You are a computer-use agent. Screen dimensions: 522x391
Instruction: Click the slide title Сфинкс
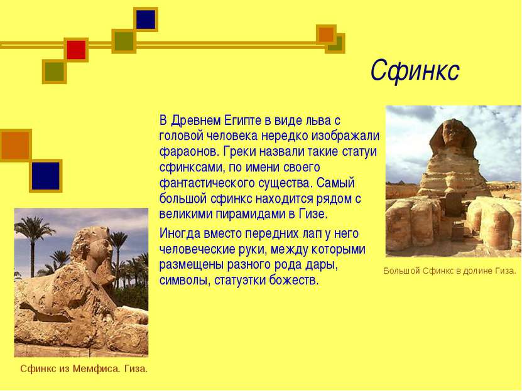coord(415,70)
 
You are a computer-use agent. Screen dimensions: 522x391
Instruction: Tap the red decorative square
coord(76,50)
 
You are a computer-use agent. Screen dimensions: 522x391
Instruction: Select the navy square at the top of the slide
coord(146,19)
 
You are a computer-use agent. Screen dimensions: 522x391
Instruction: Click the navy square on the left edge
coord(46,176)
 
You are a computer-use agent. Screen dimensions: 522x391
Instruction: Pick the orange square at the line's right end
coord(326,35)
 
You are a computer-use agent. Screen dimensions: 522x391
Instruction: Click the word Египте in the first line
coord(242,121)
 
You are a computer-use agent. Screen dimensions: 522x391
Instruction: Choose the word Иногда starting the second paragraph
coord(180,233)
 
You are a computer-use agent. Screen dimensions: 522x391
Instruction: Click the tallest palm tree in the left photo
coord(33,245)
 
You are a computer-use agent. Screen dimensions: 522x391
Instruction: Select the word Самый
coord(335,183)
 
